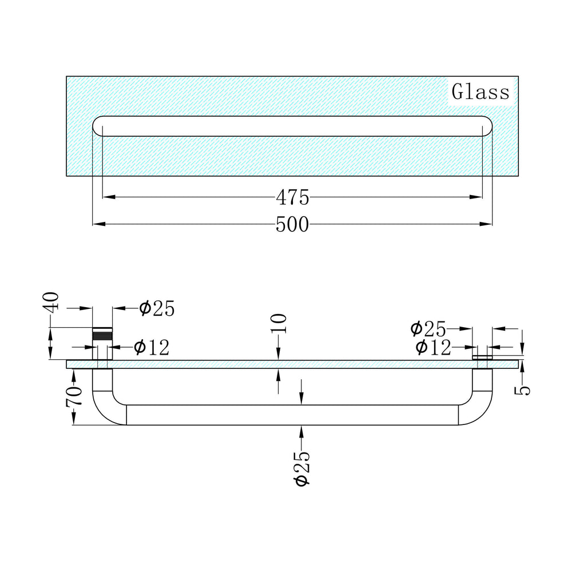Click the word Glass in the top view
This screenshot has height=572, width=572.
[x=480, y=92]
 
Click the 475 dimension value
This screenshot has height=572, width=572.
[x=292, y=198]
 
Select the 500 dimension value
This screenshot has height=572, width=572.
[x=292, y=224]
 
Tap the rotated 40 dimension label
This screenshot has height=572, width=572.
[x=53, y=301]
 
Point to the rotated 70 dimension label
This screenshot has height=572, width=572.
[x=74, y=396]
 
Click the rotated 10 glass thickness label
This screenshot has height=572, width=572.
[x=279, y=324]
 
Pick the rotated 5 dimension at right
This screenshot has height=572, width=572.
[x=522, y=391]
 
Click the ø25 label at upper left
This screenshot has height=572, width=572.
[x=157, y=309]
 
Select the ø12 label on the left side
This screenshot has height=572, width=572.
[x=152, y=347]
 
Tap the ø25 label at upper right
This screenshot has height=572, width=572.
[x=428, y=329]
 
